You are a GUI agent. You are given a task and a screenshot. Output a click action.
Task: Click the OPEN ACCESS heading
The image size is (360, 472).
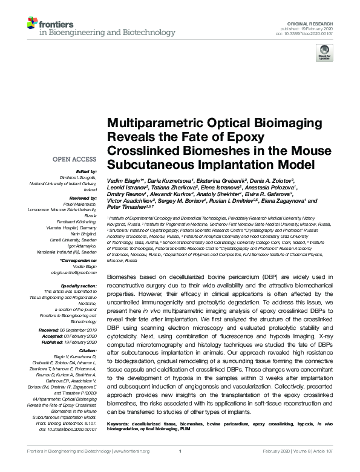76,159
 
